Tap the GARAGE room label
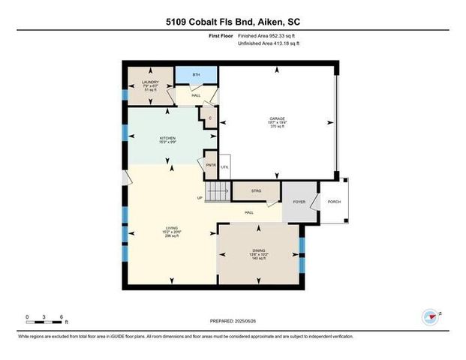tap(277, 120)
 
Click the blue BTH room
tap(196, 75)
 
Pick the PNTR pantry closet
tap(210, 164)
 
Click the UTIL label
tap(224, 166)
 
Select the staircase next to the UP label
tap(217, 193)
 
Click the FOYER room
tap(299, 202)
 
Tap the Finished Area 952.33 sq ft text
tap(268, 35)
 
